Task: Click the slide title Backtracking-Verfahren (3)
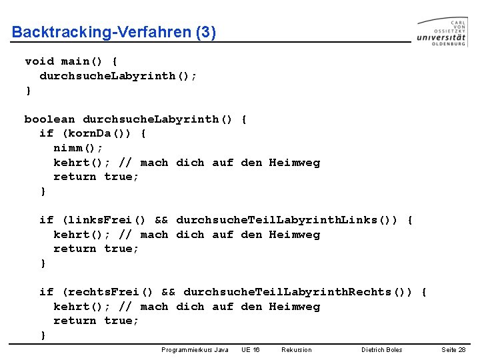click(x=114, y=32)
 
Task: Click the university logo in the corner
click(x=442, y=32)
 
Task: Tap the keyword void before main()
click(x=39, y=61)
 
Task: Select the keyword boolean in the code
click(x=50, y=119)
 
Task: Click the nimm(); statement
click(x=78, y=148)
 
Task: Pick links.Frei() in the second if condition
click(x=104, y=220)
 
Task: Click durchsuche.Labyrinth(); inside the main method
click(x=118, y=76)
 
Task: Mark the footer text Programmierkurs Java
click(x=195, y=350)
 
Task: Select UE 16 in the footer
click(x=251, y=350)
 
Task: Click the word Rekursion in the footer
click(x=297, y=350)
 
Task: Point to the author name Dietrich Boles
click(x=382, y=350)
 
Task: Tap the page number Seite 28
click(x=453, y=350)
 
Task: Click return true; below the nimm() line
click(x=96, y=177)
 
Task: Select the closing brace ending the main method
click(x=28, y=91)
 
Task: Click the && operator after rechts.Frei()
click(x=169, y=292)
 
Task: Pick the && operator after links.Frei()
click(x=161, y=220)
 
